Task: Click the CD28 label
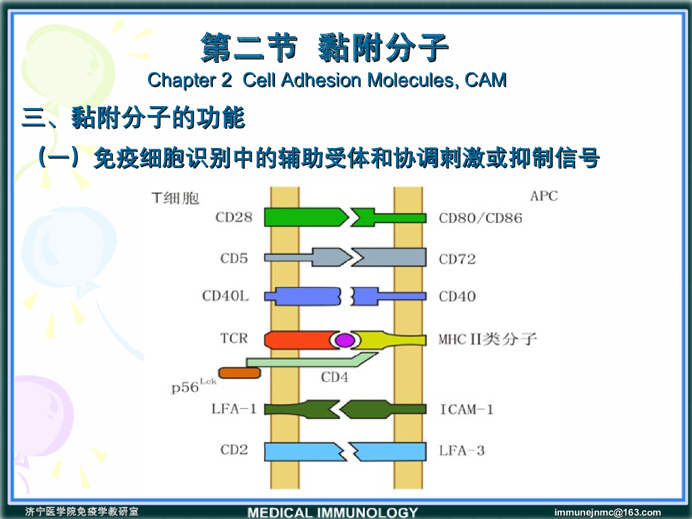click(x=234, y=218)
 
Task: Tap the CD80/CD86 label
click(x=480, y=218)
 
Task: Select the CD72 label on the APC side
click(x=458, y=259)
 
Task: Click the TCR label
click(x=234, y=338)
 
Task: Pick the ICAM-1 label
click(x=466, y=410)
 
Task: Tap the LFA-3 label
click(x=462, y=450)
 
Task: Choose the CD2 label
click(x=234, y=450)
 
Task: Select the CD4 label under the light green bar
click(x=335, y=377)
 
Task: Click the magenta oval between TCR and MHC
click(x=345, y=340)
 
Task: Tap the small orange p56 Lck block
click(x=239, y=372)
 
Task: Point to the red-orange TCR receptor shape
click(x=297, y=339)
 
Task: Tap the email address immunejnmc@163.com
click(x=608, y=512)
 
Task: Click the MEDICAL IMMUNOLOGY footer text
click(x=332, y=512)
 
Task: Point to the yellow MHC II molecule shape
click(x=392, y=339)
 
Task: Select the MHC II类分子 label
click(x=487, y=338)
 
